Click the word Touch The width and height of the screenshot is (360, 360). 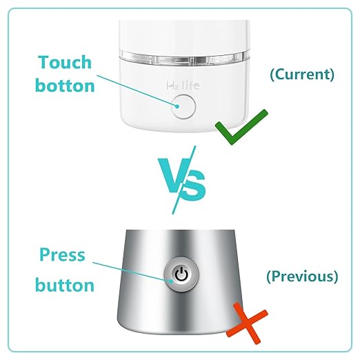click(65, 62)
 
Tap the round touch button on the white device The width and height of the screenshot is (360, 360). click(183, 106)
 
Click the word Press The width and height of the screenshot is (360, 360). click(62, 255)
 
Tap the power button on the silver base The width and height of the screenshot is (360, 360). click(179, 274)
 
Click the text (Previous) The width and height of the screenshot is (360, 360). click(302, 277)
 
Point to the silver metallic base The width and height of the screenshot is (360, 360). click(138, 303)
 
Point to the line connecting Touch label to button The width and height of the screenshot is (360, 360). click(138, 94)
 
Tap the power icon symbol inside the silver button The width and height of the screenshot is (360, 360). click(179, 274)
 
